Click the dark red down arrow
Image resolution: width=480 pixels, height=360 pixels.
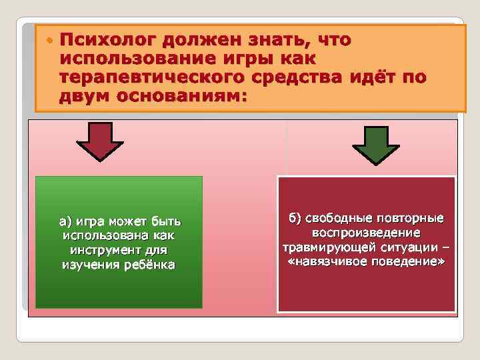(x=100, y=141)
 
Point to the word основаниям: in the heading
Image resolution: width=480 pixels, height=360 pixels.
(x=182, y=97)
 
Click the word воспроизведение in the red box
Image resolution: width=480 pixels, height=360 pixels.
(x=366, y=233)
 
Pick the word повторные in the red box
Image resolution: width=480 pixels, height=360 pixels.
(x=411, y=219)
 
